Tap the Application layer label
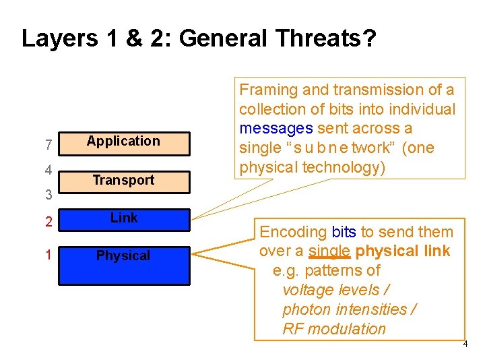click(123, 141)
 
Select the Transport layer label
click(123, 180)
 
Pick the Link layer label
click(124, 218)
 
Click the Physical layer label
click(123, 255)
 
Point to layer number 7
click(48, 144)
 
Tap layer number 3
click(48, 195)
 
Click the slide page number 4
click(465, 345)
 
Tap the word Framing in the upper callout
click(269, 90)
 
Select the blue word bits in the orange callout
click(344, 232)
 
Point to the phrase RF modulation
click(334, 329)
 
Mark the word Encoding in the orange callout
click(293, 232)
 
